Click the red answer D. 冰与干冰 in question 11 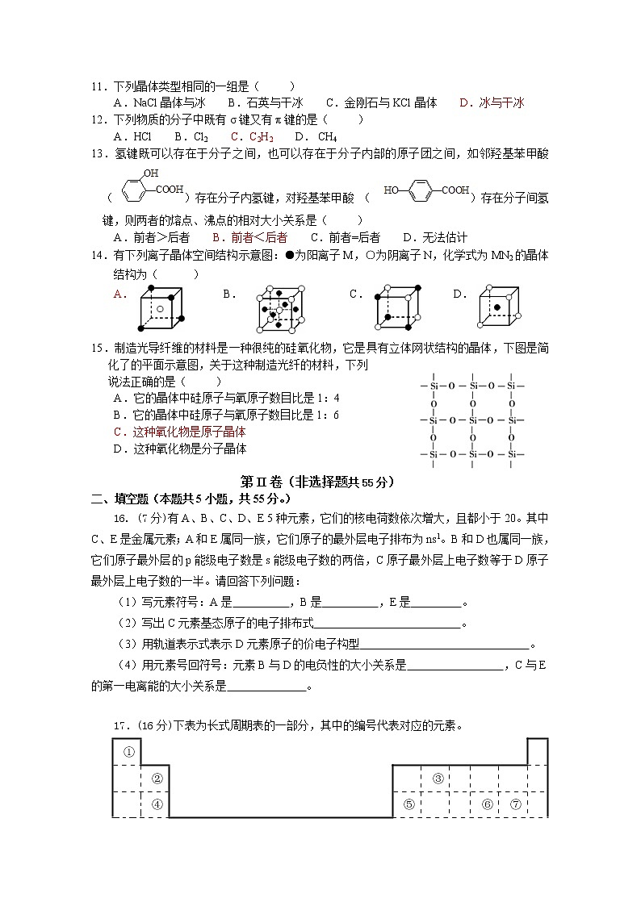point(492,102)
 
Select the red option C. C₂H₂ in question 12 point(252,136)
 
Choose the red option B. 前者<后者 point(249,237)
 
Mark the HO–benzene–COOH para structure point(427,190)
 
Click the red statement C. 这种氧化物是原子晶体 point(179,432)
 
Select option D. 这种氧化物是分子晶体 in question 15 point(179,449)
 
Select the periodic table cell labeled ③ point(438,779)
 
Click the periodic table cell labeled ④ point(157,804)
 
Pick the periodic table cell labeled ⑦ point(514,804)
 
